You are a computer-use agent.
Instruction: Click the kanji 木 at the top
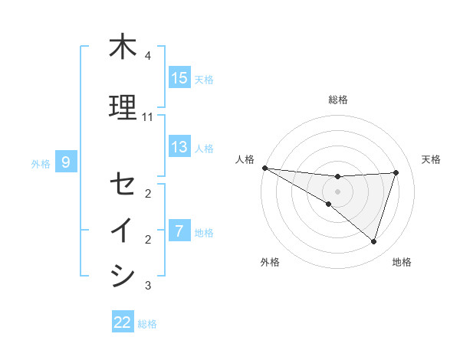click(x=123, y=47)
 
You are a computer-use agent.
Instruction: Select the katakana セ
click(x=123, y=184)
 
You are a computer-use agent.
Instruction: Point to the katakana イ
click(x=123, y=231)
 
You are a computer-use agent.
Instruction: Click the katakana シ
click(x=123, y=276)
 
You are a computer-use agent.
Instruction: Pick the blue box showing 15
click(x=179, y=78)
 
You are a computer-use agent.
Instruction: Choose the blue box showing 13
click(x=179, y=147)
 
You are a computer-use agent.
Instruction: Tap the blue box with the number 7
click(x=179, y=231)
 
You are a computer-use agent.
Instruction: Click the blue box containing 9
click(x=67, y=162)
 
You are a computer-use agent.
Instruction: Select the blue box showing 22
click(x=123, y=322)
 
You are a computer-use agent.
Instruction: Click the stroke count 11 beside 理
click(x=148, y=117)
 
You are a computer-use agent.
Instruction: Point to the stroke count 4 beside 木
click(x=148, y=57)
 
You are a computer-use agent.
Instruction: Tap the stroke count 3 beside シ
click(x=148, y=286)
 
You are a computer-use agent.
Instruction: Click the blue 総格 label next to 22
click(x=148, y=323)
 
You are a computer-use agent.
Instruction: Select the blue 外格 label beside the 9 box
click(x=41, y=163)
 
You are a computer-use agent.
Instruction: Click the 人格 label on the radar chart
click(x=244, y=159)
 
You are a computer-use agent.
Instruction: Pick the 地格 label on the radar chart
click(x=402, y=262)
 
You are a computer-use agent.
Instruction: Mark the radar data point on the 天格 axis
click(x=396, y=172)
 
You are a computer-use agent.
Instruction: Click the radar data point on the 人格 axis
click(x=264, y=167)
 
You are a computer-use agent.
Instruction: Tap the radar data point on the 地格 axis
click(x=373, y=241)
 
